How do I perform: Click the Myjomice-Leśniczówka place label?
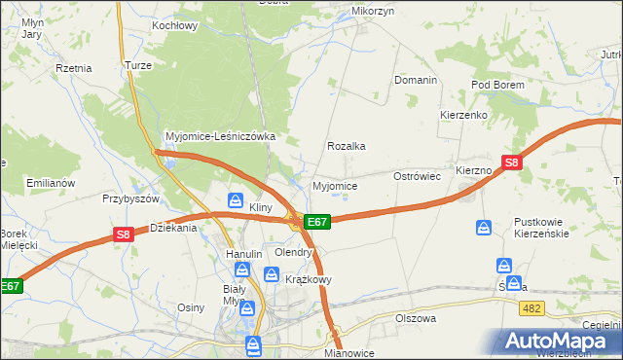tap(221, 136)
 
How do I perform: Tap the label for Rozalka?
tap(347, 146)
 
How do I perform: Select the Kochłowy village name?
tap(175, 25)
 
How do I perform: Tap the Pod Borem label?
tap(497, 85)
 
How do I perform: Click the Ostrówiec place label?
tap(418, 176)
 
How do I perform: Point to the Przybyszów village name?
tap(130, 198)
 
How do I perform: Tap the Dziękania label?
tap(173, 228)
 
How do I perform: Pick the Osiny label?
tap(190, 307)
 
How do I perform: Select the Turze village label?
tap(136, 65)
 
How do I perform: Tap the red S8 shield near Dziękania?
tap(123, 234)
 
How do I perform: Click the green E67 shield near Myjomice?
tap(318, 222)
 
